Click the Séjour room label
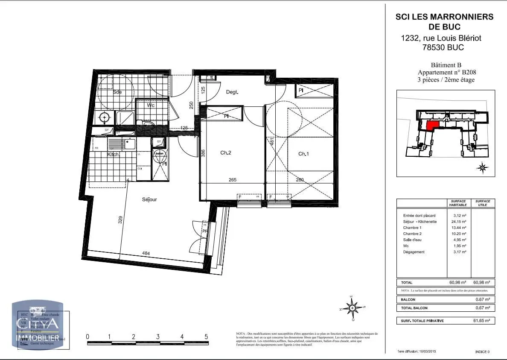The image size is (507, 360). coord(150,199)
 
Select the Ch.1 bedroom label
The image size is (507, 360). coord(303,154)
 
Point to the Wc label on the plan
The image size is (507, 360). coord(151,105)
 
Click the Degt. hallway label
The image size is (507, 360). coord(232,92)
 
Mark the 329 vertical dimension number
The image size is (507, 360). coord(120,220)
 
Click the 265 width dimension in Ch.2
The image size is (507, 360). coord(232,180)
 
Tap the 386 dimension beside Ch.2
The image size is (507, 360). coord(204,152)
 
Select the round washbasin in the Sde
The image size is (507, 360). coord(104,117)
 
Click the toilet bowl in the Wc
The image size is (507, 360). coord(147,125)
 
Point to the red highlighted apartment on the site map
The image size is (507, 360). coord(433,125)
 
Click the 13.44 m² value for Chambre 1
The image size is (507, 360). coord(460,228)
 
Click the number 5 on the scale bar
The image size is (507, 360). coord(206,337)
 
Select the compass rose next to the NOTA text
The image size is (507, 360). coord(352,307)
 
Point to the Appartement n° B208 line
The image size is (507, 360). coord(446,72)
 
